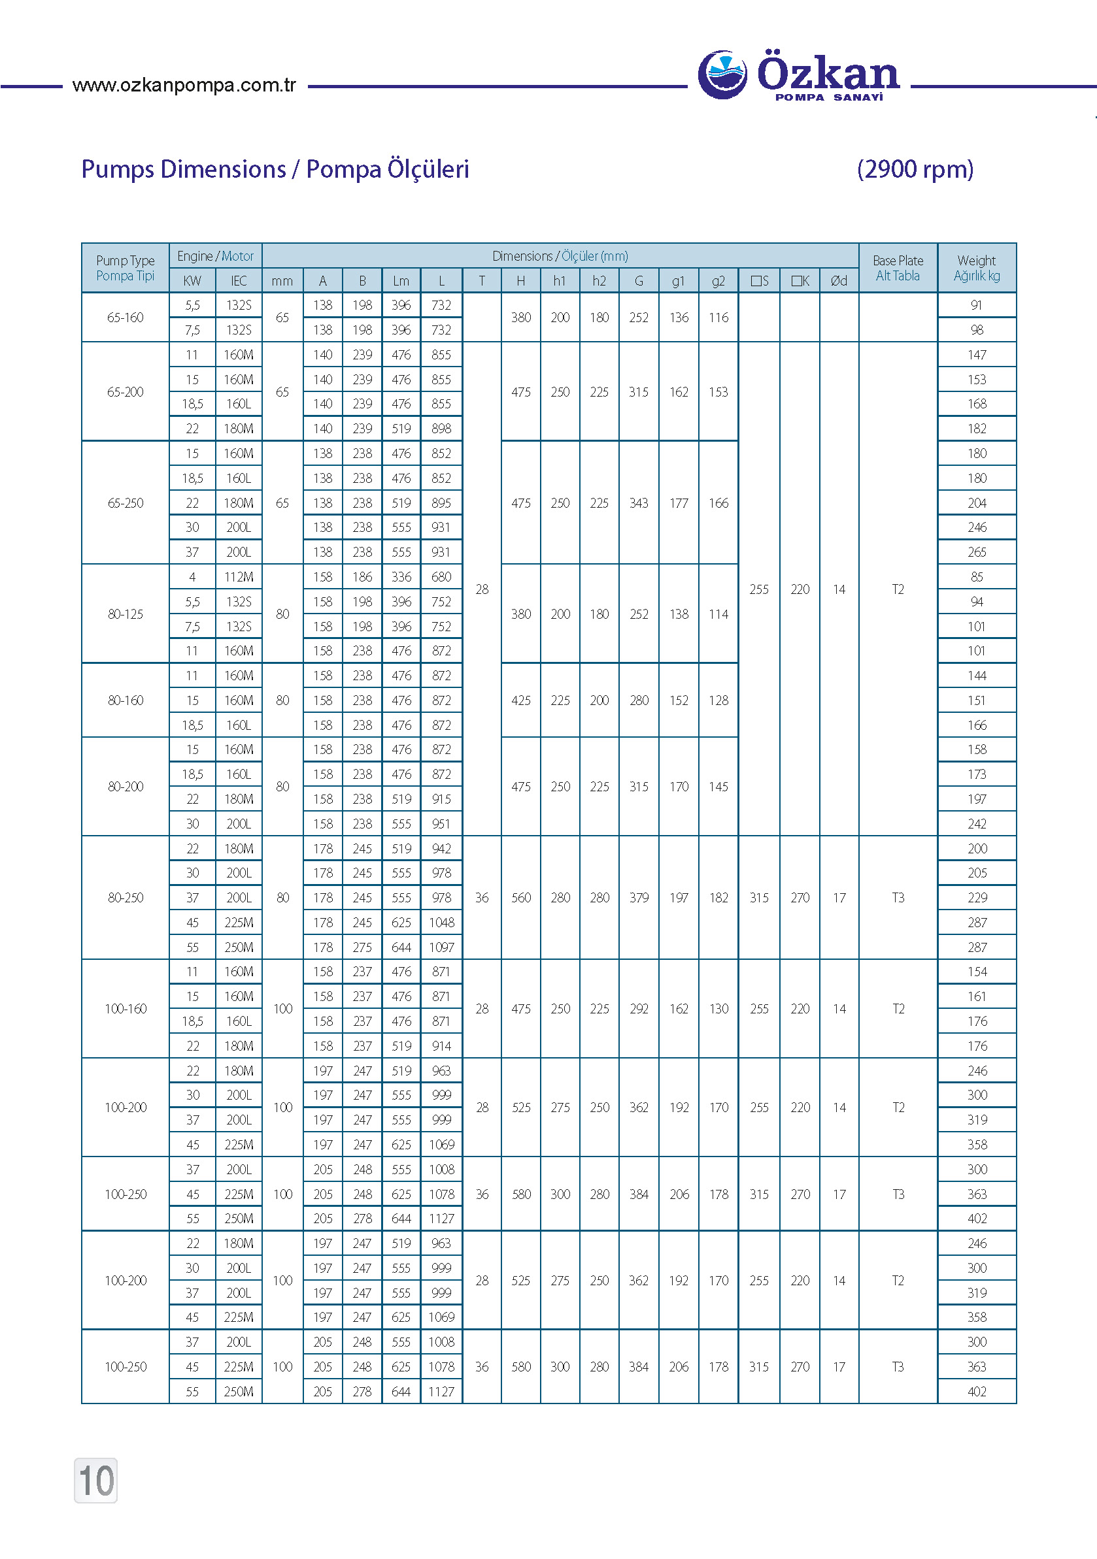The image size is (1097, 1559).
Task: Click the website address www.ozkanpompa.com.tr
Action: tap(184, 86)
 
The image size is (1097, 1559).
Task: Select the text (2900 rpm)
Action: tap(915, 169)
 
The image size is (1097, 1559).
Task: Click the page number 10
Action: tap(96, 1480)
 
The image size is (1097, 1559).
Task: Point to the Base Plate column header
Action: tap(898, 268)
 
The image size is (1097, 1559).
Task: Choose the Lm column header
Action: tap(401, 281)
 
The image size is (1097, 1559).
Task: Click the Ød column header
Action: tap(839, 281)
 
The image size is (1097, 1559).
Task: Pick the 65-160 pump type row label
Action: tap(125, 317)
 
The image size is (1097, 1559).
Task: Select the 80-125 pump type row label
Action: tap(125, 614)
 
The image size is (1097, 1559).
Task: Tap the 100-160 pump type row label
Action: tap(125, 1009)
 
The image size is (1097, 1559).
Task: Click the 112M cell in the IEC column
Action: tap(239, 577)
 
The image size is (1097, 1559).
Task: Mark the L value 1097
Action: tap(441, 947)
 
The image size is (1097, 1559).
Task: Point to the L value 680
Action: tap(441, 577)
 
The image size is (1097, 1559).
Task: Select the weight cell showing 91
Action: tap(976, 305)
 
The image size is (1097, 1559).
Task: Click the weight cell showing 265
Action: tap(976, 552)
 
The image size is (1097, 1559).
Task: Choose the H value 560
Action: tap(521, 898)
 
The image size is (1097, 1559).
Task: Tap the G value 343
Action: tap(639, 503)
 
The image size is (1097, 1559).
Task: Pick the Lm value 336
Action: tap(401, 577)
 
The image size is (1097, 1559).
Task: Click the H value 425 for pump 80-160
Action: tap(521, 700)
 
